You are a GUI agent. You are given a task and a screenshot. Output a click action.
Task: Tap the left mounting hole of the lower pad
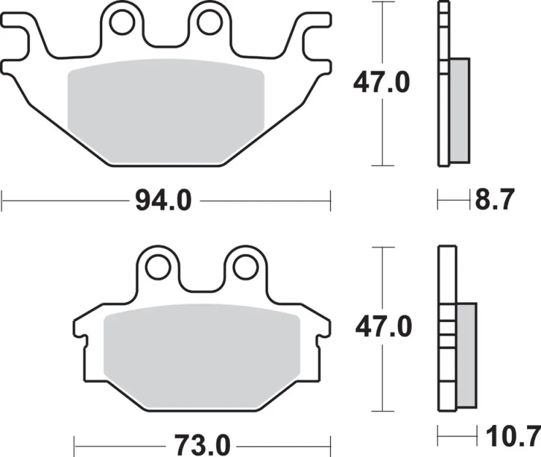(x=158, y=267)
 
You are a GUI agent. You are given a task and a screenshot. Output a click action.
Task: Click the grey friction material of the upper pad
(x=166, y=110)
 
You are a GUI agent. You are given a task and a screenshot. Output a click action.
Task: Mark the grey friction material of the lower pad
(x=202, y=352)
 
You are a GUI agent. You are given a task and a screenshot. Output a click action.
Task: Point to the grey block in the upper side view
(x=459, y=110)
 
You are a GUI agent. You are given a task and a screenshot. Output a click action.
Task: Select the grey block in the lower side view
(x=467, y=355)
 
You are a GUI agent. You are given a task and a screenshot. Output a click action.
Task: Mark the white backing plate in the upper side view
(x=443, y=114)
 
